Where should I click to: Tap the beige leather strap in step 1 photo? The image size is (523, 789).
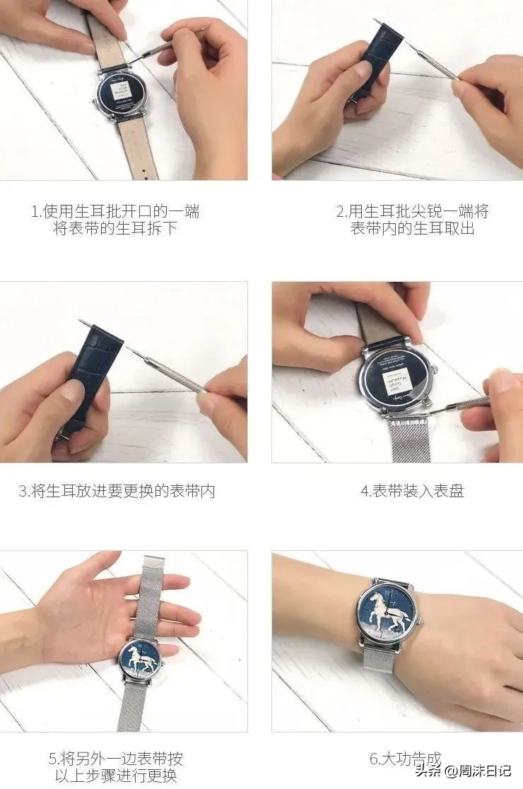(139, 148)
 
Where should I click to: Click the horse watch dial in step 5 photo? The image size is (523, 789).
(143, 661)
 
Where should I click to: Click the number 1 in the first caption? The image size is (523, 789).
(34, 212)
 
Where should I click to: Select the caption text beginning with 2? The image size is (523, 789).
(412, 220)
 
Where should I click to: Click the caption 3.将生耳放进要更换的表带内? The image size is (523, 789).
(117, 492)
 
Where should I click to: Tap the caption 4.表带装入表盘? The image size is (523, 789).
(412, 492)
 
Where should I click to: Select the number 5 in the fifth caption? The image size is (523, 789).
(52, 759)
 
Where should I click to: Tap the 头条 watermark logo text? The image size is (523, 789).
(428, 770)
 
